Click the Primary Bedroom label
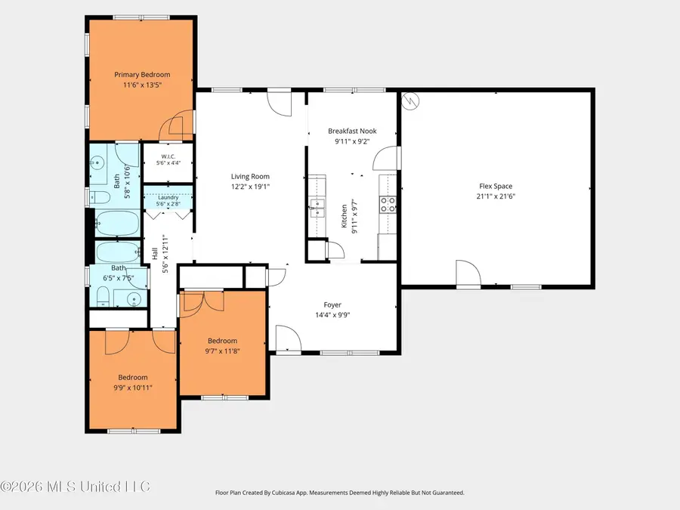(x=142, y=75)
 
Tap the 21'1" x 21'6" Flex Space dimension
(x=496, y=196)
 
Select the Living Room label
(x=250, y=177)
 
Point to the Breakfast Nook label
(x=352, y=131)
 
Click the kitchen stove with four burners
(x=388, y=205)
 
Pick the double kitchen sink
(x=317, y=208)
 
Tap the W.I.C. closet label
(x=168, y=156)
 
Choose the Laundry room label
(x=168, y=197)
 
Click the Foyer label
(x=332, y=305)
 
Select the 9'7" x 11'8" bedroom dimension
(x=222, y=351)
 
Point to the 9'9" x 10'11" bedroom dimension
(x=133, y=388)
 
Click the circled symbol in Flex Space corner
(x=410, y=101)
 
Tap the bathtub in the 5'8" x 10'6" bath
(x=118, y=223)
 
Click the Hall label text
(x=155, y=254)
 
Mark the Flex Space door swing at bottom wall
(x=468, y=274)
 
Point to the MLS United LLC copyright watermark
(x=76, y=487)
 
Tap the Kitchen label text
(x=344, y=216)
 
